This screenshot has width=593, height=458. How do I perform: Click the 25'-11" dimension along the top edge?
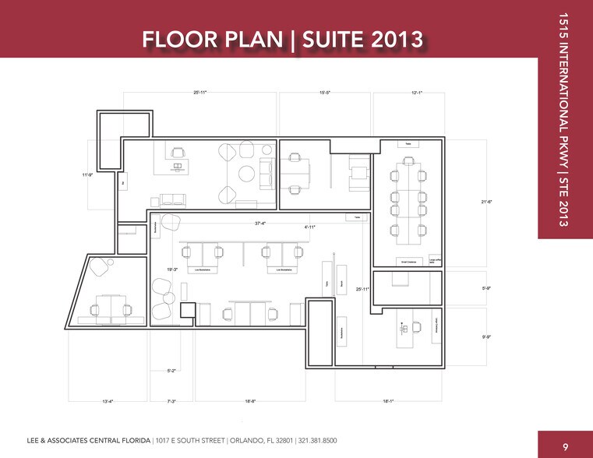pyautogui.click(x=200, y=93)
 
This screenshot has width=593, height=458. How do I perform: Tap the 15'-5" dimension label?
pyautogui.click(x=325, y=93)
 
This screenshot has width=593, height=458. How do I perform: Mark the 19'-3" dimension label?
pyautogui.click(x=173, y=270)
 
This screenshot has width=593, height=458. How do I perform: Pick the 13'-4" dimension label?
pyautogui.click(x=108, y=401)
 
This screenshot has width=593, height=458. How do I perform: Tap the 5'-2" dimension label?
pyautogui.click(x=172, y=372)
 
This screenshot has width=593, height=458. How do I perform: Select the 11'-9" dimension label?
pyautogui.click(x=89, y=174)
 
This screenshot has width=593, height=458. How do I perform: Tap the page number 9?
pyautogui.click(x=566, y=446)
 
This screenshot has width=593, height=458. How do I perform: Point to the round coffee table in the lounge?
pyautogui.click(x=246, y=172)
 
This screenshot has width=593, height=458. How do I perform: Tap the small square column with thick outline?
pyautogui.click(x=187, y=310)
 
